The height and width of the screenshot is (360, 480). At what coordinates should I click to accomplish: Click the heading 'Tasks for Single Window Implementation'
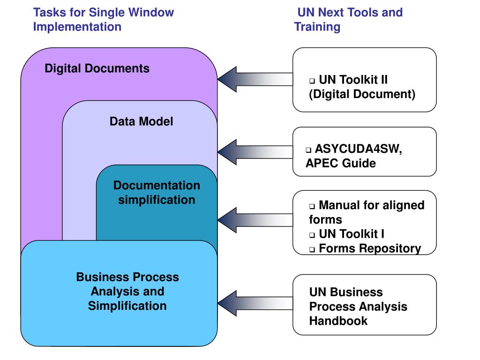point(103,19)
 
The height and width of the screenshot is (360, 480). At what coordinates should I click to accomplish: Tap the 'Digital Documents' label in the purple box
point(97,68)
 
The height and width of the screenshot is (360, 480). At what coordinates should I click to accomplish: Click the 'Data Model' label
point(141,122)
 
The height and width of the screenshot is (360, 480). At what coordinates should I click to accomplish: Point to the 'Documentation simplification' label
point(157,192)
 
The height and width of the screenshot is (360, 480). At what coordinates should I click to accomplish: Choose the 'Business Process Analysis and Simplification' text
point(127,291)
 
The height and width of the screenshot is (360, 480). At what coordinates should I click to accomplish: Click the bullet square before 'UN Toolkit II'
point(312,81)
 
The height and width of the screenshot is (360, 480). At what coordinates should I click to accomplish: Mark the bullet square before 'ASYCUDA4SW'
point(308,150)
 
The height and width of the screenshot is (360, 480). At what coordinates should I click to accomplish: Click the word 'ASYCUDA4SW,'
point(358,150)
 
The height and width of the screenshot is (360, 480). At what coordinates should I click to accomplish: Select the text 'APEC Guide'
point(340,164)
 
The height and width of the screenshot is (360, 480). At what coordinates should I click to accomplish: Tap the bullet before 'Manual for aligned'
point(312,206)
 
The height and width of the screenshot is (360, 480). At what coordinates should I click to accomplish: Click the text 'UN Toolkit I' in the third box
point(351,234)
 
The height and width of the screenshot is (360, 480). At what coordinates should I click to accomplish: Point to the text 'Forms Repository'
point(369,248)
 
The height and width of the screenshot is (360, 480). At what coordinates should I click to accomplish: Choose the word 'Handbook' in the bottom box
point(338,321)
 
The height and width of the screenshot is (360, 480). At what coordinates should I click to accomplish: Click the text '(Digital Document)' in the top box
point(362,94)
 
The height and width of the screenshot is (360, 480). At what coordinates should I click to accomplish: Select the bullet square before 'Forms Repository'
point(312,249)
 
